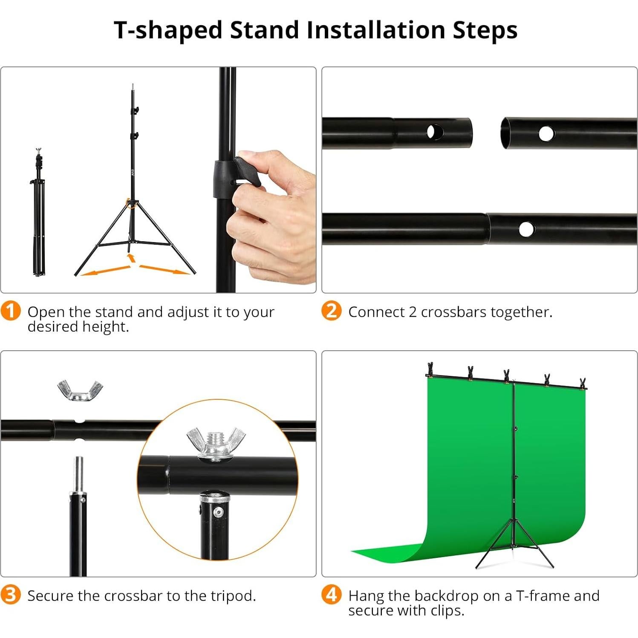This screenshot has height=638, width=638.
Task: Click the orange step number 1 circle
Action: tap(11, 311)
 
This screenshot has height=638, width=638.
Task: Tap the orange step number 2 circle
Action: tap(331, 311)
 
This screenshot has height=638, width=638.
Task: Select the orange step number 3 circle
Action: tap(11, 595)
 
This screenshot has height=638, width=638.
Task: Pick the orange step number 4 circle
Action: tap(331, 595)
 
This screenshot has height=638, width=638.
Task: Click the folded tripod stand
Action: tap(39, 213)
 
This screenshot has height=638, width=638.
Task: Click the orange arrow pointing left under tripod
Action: tap(105, 271)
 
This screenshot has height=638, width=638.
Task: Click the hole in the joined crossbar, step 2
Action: tap(526, 229)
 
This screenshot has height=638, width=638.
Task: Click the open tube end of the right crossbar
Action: tap(507, 133)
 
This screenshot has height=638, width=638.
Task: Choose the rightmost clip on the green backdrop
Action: tap(582, 383)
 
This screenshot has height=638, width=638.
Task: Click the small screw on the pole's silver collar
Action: tap(219, 512)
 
